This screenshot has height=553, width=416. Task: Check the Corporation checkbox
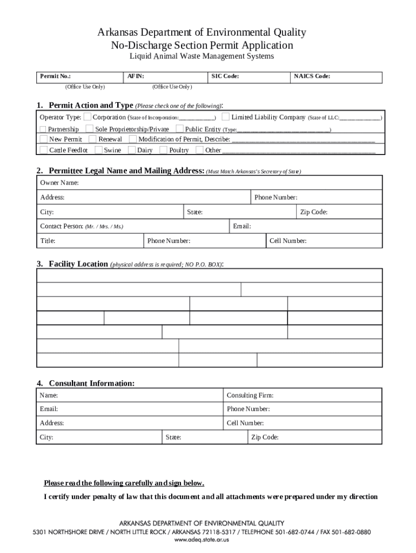tap(88, 117)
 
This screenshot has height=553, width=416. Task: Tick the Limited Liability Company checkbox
tap(226, 117)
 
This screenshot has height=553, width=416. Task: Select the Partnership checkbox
tap(43, 129)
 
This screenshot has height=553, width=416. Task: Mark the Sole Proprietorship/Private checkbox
tap(90, 129)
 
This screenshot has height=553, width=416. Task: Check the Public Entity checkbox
tap(179, 129)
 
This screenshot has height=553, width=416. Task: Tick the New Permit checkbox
tap(43, 139)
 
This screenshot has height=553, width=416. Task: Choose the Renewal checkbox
tap(92, 139)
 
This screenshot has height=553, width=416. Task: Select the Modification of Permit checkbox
tap(133, 139)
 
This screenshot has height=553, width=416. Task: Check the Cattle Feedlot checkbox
tap(43, 150)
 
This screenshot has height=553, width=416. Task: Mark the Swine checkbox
tap(98, 150)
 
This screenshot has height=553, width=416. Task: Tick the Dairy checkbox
tap(132, 150)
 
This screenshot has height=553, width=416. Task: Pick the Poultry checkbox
tap(164, 150)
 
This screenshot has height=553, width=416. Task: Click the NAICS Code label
tap(312, 77)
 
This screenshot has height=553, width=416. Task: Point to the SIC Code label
tap(225, 77)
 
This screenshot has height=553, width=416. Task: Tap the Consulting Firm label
tap(250, 396)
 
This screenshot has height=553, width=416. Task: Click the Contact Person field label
tap(62, 226)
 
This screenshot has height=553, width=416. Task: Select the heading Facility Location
tap(78, 264)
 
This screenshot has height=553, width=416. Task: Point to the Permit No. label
tap(55, 77)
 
